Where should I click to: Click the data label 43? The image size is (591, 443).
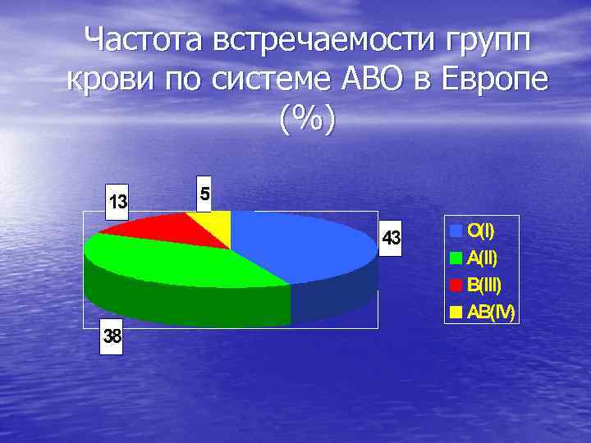[392, 239]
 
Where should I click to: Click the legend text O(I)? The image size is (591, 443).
[481, 230]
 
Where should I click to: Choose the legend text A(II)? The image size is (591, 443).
[482, 258]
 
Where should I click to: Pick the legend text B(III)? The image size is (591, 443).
[484, 285]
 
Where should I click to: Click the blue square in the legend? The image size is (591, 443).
[456, 230]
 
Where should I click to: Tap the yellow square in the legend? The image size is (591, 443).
[456, 312]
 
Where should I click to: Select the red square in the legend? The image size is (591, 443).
[456, 285]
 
